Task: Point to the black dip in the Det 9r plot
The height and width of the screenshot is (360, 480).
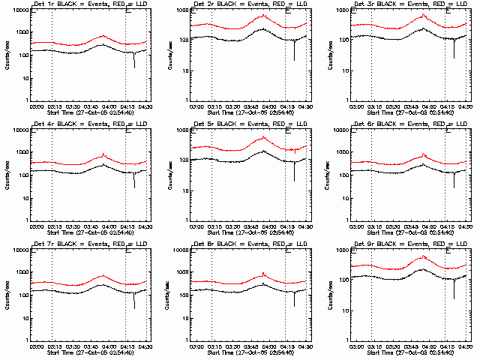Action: pyautogui.click(x=454, y=297)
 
